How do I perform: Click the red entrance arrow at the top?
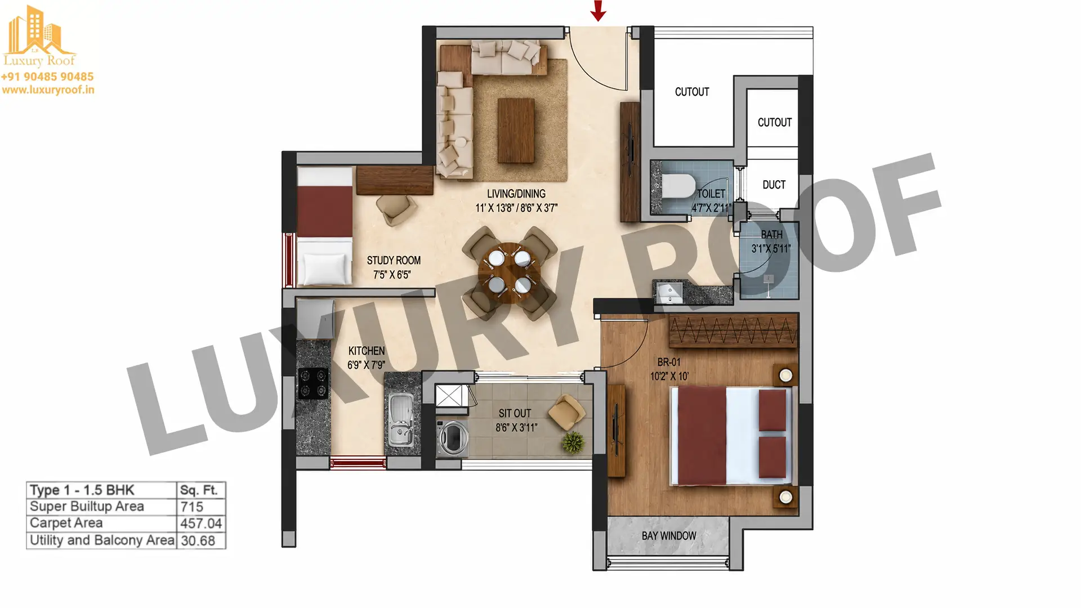click(x=598, y=10)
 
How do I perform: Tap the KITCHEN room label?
click(x=367, y=351)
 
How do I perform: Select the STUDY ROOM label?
click(x=394, y=261)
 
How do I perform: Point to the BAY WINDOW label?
click(x=669, y=536)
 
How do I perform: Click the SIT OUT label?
click(x=515, y=413)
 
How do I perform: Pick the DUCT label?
click(x=774, y=185)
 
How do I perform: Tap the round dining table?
click(x=510, y=273)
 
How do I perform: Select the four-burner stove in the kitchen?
click(x=313, y=383)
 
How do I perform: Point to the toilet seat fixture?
click(x=678, y=186)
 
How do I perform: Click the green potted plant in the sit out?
click(x=573, y=442)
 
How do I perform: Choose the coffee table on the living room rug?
click(x=516, y=131)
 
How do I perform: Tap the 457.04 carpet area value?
click(x=201, y=524)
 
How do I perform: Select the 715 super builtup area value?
click(x=192, y=507)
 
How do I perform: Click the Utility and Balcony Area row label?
click(x=102, y=540)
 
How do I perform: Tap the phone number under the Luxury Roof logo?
click(x=47, y=77)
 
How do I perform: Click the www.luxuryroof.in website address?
click(x=48, y=90)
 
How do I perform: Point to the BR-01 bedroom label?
click(x=669, y=363)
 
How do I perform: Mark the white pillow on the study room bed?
click(x=324, y=268)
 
